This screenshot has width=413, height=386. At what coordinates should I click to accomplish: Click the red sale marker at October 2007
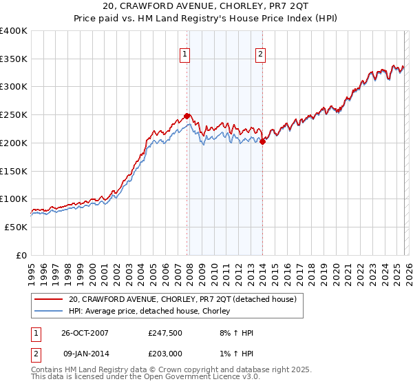(187, 116)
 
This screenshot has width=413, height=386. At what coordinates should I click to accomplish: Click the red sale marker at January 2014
(262, 141)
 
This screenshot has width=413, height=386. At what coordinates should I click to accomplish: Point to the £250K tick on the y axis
(14, 115)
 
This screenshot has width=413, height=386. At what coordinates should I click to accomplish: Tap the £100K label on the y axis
(14, 199)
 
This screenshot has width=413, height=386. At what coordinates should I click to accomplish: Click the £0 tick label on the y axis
(21, 255)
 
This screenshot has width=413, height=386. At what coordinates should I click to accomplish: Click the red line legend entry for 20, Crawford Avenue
(182, 300)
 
